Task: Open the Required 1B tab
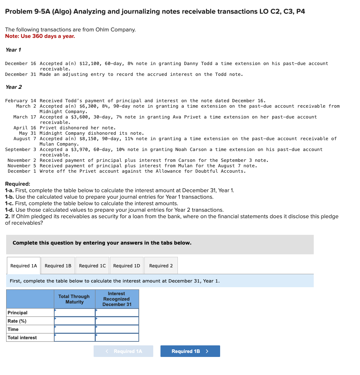tap(58, 266)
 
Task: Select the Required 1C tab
tap(92, 266)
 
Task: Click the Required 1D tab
tap(127, 266)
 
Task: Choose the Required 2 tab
tap(161, 266)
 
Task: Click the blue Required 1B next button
tap(190, 351)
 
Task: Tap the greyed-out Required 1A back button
tap(124, 351)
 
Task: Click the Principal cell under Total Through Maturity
tap(75, 312)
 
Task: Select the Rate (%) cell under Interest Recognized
tap(117, 321)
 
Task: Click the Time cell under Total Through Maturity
tap(75, 329)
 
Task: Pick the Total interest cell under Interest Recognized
tap(117, 337)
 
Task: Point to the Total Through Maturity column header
tap(74, 299)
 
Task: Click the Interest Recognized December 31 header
tap(117, 299)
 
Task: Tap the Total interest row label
tap(22, 337)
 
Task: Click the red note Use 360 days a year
tap(40, 36)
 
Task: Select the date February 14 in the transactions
tap(21, 100)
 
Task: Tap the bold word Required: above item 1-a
tap(18, 184)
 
